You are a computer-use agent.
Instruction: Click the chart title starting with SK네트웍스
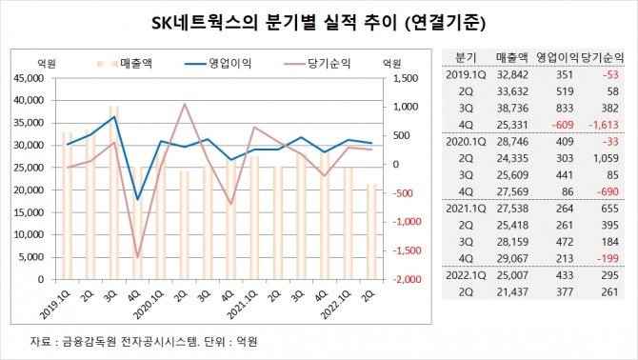pyautogui.click(x=318, y=20)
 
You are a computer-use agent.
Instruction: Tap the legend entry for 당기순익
pyautogui.click(x=317, y=64)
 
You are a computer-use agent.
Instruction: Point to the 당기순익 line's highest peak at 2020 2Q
pyautogui.click(x=184, y=104)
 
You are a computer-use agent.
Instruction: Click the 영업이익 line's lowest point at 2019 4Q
pyautogui.click(x=138, y=199)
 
